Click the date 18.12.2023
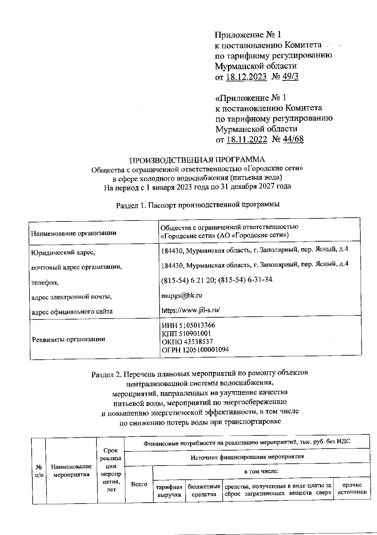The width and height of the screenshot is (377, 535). [x=246, y=77]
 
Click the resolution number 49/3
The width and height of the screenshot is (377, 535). [x=290, y=77]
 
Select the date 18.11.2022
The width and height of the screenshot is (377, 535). [x=247, y=139]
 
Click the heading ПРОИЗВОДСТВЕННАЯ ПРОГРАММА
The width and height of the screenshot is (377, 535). [x=198, y=160]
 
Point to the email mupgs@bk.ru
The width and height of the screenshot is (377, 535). [x=181, y=295]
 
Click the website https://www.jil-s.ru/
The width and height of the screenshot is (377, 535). [x=190, y=310]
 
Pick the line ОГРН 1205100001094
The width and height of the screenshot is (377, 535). [x=195, y=350]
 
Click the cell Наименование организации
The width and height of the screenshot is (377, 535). [x=74, y=233]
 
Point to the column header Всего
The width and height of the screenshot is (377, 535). [x=139, y=484]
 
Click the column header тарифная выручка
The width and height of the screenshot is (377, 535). [x=169, y=491]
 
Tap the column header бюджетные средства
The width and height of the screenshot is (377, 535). [x=204, y=491]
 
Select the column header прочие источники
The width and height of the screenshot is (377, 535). [x=352, y=489]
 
